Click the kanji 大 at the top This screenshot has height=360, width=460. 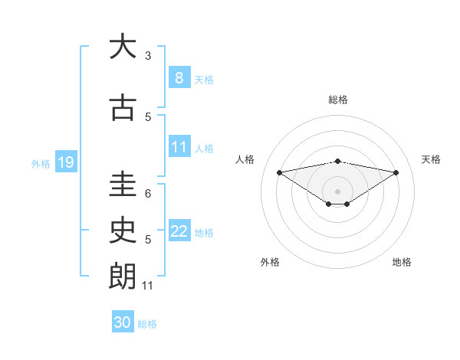123,47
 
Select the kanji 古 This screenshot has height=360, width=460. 123,108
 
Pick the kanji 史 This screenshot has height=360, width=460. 123,230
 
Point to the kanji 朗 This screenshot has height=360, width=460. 123,276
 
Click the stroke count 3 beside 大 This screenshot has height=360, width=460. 148,56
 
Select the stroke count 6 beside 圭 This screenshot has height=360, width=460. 148,194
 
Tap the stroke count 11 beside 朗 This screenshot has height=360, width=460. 149,286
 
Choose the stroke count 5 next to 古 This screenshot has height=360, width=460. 148,117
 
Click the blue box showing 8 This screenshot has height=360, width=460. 179,77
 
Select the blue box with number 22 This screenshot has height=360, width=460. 179,231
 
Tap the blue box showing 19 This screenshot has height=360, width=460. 65,162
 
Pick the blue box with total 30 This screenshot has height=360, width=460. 123,322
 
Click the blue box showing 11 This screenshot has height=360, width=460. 179,146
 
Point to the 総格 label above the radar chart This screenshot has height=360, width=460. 338,100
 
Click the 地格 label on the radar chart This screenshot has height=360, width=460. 402,262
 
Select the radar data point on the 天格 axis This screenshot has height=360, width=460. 396,172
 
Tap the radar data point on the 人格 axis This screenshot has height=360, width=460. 279,172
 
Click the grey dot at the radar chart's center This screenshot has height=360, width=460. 337,191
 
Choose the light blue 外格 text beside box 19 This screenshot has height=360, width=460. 40,163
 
